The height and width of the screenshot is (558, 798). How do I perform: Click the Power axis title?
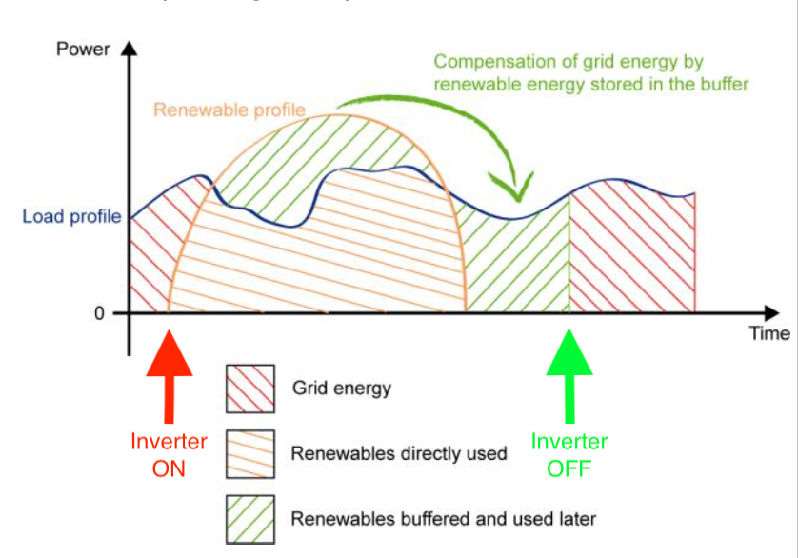(x=84, y=49)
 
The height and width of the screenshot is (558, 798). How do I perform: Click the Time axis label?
(x=768, y=333)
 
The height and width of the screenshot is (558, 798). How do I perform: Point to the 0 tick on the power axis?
(x=98, y=313)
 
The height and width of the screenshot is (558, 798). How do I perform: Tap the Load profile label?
(x=71, y=217)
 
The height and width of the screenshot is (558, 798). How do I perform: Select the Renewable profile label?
(x=229, y=110)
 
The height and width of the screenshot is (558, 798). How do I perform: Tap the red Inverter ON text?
(x=169, y=455)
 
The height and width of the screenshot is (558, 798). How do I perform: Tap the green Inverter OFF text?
(x=569, y=455)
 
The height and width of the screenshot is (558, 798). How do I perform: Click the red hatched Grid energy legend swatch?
(x=250, y=389)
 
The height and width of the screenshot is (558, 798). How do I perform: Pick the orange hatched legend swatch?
(x=250, y=453)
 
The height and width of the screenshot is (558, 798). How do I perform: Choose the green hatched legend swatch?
(x=250, y=518)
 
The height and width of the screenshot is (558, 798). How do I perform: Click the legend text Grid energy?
(x=342, y=389)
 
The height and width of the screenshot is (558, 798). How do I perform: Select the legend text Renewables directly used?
(x=399, y=453)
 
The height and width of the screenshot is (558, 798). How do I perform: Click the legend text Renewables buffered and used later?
(x=443, y=519)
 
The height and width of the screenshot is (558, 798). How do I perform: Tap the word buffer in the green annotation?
(x=725, y=84)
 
